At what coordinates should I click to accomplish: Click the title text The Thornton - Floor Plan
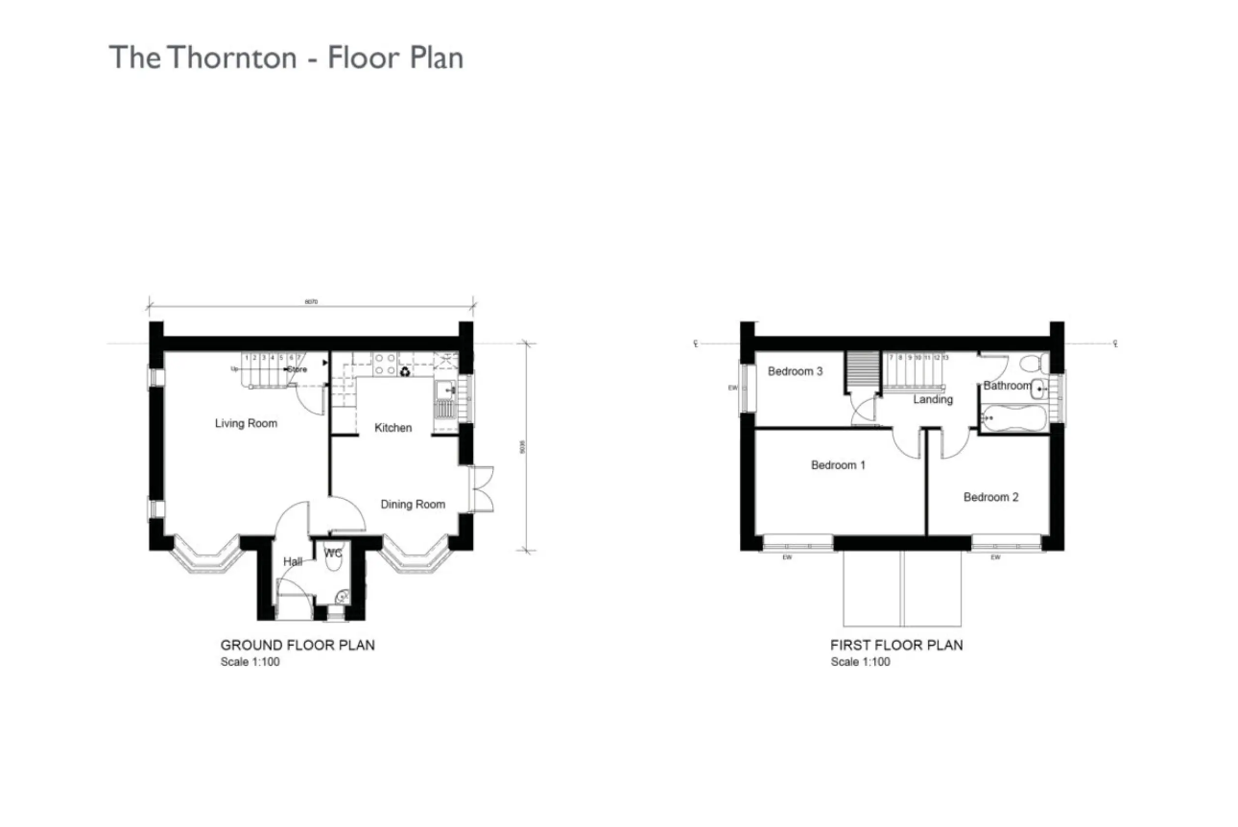click(286, 57)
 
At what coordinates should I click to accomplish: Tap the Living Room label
click(246, 423)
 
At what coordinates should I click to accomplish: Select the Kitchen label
click(393, 428)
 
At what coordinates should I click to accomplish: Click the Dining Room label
click(413, 505)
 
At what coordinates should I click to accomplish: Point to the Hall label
click(293, 561)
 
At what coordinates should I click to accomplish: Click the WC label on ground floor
click(333, 553)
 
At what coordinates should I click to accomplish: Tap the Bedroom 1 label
click(838, 465)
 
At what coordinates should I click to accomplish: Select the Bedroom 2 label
click(991, 497)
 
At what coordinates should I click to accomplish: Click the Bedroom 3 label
click(795, 371)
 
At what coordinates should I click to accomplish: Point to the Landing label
click(933, 399)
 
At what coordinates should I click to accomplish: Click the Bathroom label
click(1007, 386)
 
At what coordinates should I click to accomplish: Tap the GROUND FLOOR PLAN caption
click(298, 645)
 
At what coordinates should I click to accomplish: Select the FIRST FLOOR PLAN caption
click(896, 645)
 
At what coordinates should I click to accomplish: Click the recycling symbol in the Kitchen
click(405, 369)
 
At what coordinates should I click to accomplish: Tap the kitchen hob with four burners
click(384, 363)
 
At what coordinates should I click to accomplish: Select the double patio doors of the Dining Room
click(482, 489)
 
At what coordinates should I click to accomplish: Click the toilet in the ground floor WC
click(334, 565)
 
